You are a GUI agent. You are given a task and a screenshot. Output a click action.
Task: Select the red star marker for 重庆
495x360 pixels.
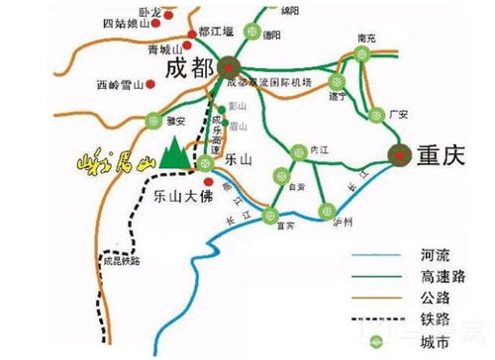click(x=401, y=154)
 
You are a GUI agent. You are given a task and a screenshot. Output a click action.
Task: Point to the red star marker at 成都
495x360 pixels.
click(x=230, y=67)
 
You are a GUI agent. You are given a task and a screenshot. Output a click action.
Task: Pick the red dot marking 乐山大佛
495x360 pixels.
click(x=206, y=181)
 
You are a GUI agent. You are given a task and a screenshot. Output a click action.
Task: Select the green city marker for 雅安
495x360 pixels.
click(x=153, y=120)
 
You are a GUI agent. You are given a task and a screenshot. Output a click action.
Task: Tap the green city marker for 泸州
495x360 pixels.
click(x=326, y=209)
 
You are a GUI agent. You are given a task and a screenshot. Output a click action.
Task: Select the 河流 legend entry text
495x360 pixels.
click(x=403, y=256)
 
